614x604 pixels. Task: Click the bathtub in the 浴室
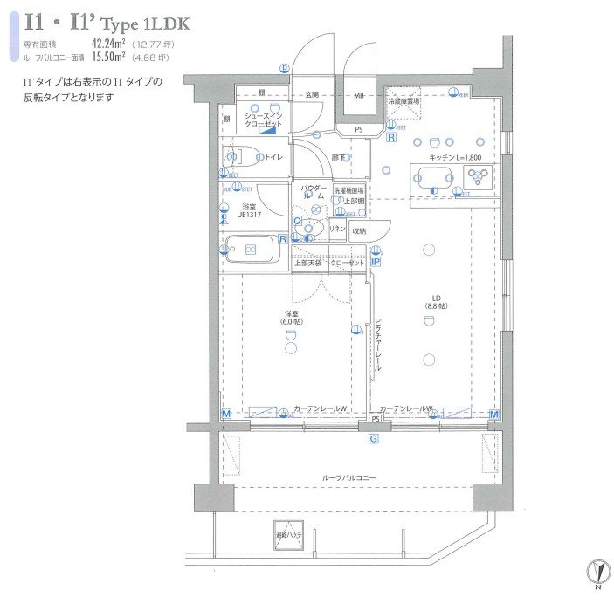point(251,250)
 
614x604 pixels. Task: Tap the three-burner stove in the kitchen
point(479,178)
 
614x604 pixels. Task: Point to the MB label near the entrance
point(359,95)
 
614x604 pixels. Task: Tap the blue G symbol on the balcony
point(373,440)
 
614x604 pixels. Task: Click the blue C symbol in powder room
point(298,221)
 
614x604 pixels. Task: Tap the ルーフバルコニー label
point(349,478)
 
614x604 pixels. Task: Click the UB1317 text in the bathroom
point(249,214)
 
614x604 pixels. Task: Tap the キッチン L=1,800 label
point(455,157)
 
